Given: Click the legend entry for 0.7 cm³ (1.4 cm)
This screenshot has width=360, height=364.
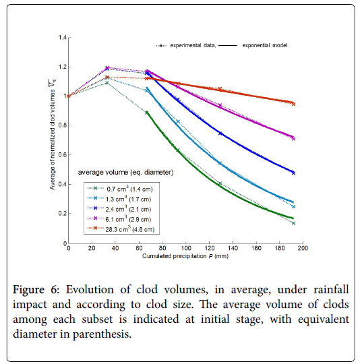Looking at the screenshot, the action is click(x=120, y=189).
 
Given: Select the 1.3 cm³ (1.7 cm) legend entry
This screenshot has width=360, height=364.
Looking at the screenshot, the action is click(x=119, y=199).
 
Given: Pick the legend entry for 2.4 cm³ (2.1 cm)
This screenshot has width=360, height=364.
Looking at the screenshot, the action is click(x=119, y=209).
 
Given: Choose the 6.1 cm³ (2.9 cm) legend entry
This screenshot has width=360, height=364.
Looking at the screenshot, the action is click(x=119, y=219).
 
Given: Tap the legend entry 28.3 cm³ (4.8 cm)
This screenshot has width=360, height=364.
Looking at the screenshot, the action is click(x=121, y=229).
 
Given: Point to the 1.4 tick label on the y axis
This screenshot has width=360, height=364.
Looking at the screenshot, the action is click(x=63, y=37).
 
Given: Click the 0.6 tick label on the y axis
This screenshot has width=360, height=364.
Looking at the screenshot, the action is click(x=63, y=154).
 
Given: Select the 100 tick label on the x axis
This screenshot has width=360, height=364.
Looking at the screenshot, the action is click(x=186, y=248).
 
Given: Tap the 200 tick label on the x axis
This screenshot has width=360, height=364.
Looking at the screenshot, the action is click(x=303, y=248).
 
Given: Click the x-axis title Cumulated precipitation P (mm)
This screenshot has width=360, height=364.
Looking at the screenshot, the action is click(x=185, y=256).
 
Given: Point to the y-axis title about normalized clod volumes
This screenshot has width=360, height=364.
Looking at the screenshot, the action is click(x=53, y=135).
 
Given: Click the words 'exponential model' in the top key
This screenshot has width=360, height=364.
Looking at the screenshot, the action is click(x=265, y=46).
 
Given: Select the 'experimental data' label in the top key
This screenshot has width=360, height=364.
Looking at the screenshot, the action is click(x=193, y=46).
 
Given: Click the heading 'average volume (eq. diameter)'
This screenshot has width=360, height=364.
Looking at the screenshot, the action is click(x=125, y=173).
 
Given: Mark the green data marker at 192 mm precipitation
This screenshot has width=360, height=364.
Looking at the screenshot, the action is click(x=293, y=223).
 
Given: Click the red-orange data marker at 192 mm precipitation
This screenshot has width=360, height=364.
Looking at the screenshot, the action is click(x=293, y=104).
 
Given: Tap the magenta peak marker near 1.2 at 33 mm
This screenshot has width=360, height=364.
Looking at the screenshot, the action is click(x=107, y=67).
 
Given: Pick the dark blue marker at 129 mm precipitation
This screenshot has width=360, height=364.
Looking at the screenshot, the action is click(x=220, y=133).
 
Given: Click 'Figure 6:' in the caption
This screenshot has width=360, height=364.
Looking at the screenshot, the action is click(x=36, y=290).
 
